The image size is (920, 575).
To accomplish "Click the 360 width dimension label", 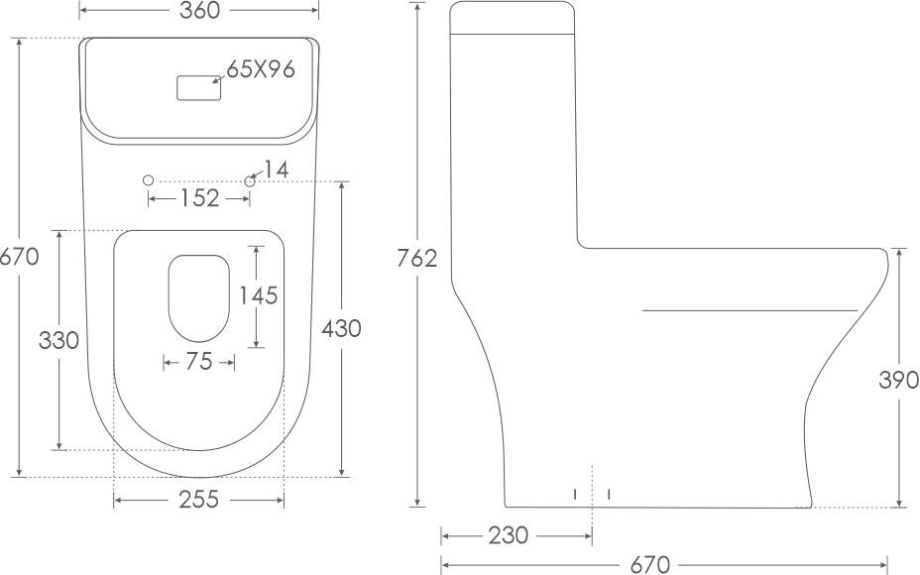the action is [x=199, y=10].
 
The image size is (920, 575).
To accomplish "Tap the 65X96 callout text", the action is [x=261, y=69].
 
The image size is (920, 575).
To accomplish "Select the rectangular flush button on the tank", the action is [x=199, y=88].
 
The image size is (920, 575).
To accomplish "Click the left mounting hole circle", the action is [x=149, y=180].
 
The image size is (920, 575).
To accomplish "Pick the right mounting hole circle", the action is [x=250, y=180].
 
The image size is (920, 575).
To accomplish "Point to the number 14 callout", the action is [x=276, y=171].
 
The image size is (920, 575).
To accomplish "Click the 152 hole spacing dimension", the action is [x=199, y=198].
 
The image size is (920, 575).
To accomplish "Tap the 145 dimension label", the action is [x=258, y=295].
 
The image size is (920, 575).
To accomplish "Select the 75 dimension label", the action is [x=199, y=362].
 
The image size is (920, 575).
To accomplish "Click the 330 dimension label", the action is [x=58, y=340].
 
